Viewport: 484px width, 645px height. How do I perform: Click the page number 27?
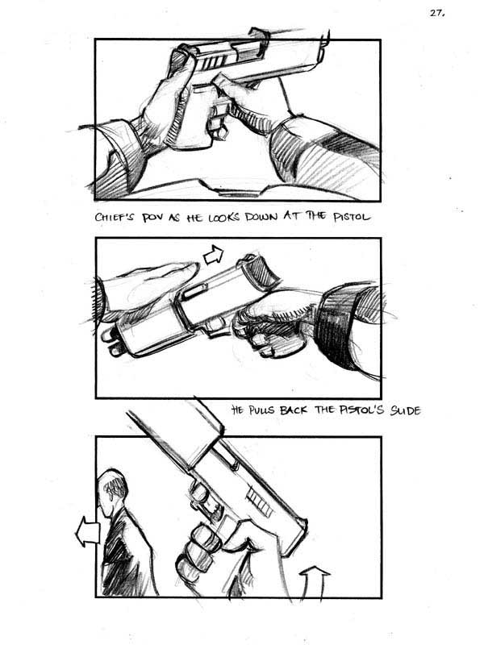click(x=437, y=13)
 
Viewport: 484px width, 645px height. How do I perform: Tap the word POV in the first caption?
click(x=153, y=218)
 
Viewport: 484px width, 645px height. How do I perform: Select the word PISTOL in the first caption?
click(x=352, y=216)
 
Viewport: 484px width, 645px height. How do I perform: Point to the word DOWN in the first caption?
click(x=261, y=217)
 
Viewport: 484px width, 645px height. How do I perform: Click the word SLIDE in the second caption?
click(x=406, y=410)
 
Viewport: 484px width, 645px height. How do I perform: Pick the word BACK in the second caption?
click(x=294, y=410)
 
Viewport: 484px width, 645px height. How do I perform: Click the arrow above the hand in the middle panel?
click(x=214, y=255)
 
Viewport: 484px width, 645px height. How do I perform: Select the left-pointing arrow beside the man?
click(x=87, y=532)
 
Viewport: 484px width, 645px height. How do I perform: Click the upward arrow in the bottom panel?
click(x=315, y=581)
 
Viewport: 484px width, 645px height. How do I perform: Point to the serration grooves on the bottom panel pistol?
click(x=259, y=500)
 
